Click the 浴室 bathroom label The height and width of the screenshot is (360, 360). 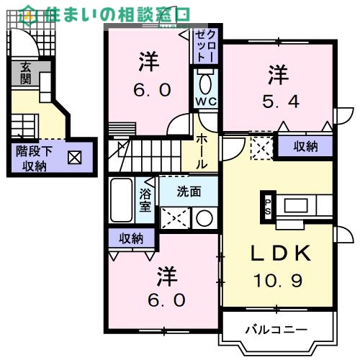click(145, 199)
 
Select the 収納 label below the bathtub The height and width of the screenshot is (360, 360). click(131, 238)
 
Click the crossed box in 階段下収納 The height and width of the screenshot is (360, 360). click(75, 156)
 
